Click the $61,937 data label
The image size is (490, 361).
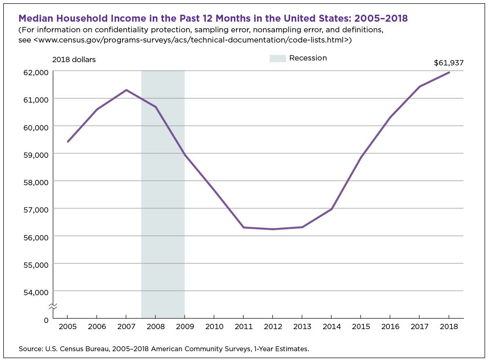coord(448,63)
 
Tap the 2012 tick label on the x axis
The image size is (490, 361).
coord(272,327)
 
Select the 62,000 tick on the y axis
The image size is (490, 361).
coord(37,72)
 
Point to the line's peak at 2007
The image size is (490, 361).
coord(126,90)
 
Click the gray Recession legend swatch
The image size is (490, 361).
coord(278,58)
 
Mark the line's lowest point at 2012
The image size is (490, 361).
coord(272,229)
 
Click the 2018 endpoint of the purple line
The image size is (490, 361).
coord(449,72)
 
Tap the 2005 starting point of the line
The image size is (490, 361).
coord(67,141)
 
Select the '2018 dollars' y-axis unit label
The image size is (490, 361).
coord(74,60)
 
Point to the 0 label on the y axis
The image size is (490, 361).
coord(46,319)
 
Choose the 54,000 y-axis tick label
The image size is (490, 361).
coord(37,292)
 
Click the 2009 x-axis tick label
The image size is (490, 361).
coord(185,327)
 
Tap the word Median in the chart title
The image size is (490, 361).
coord(38,18)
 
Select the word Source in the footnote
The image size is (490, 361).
coord(29,349)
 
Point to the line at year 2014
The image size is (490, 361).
coord(332,209)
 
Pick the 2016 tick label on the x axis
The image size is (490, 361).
coord(390,327)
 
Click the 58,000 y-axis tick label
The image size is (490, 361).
coord(37,182)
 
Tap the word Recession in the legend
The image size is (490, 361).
coord(308,58)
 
